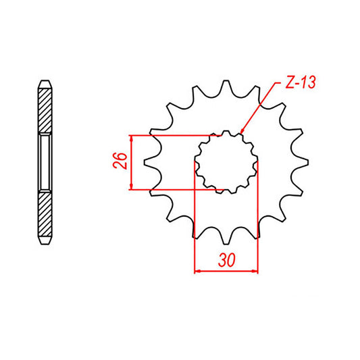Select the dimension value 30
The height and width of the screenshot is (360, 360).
click(x=227, y=259)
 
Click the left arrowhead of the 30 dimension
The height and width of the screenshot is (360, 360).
click(x=197, y=272)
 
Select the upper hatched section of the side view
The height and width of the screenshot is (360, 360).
click(x=44, y=111)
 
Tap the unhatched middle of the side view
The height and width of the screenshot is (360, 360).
click(x=44, y=162)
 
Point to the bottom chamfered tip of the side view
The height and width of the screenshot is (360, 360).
click(x=44, y=241)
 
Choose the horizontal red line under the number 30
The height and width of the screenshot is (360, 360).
click(x=226, y=272)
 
